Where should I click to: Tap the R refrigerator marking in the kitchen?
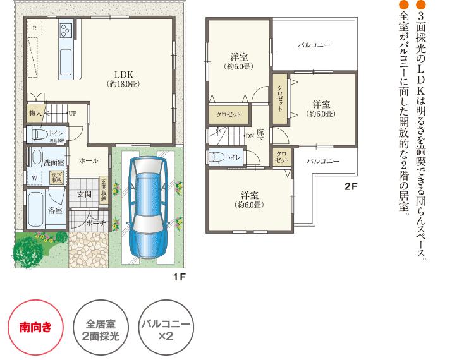pyautogui.click(x=35, y=29)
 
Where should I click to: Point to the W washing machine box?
pyautogui.click(x=34, y=177)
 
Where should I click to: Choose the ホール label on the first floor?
pyautogui.click(x=88, y=161)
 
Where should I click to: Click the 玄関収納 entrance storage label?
pyautogui.click(x=104, y=189)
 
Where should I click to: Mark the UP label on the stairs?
pyautogui.click(x=72, y=114)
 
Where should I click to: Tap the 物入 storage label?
pyautogui.click(x=35, y=113)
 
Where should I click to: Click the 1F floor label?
pyautogui.click(x=179, y=277)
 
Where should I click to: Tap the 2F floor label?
pyautogui.click(x=351, y=187)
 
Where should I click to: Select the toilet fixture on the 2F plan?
pyautogui.click(x=217, y=157)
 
